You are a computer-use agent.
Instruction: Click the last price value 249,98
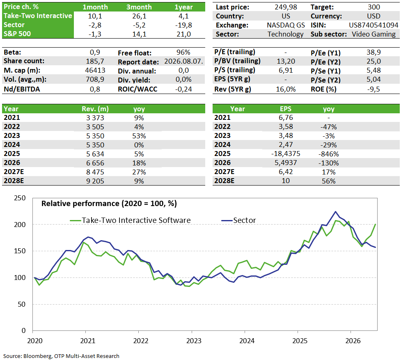(286, 7)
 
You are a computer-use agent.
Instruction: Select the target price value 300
(374, 7)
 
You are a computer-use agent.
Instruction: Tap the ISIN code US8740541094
(374, 25)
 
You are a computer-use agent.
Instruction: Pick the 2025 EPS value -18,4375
(286, 154)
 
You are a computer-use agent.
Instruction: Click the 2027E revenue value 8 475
(95, 172)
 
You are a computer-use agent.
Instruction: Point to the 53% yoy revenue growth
(139, 136)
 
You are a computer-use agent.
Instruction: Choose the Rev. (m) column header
(95, 109)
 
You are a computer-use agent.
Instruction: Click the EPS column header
(286, 109)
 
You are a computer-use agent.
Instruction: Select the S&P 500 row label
(17, 34)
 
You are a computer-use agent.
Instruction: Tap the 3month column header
(139, 7)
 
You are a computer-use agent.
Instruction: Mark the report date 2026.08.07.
(184, 61)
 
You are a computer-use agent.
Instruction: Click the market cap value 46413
(95, 70)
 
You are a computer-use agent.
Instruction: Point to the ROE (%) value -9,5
(374, 89)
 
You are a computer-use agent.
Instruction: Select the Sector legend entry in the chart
(238, 220)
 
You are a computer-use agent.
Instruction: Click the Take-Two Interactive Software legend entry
(131, 220)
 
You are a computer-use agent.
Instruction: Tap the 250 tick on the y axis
(20, 198)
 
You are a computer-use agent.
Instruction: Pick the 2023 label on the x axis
(194, 341)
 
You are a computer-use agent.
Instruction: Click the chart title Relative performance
(109, 204)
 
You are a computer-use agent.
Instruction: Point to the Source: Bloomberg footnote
(61, 356)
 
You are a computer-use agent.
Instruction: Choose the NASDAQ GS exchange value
(286, 25)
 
